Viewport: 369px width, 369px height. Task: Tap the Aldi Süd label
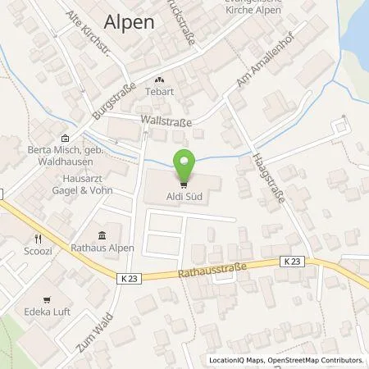point(184,198)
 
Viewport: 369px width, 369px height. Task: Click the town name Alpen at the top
point(130,23)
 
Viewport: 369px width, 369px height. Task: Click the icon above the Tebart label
point(159,80)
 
